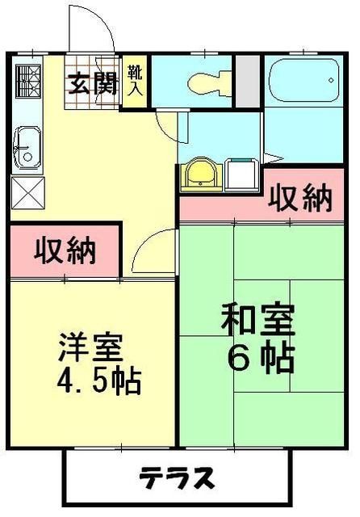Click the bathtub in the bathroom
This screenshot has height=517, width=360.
300,81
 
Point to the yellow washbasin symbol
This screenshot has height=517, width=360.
199,173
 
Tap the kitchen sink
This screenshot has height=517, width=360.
26,149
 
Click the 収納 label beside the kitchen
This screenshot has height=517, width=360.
65,250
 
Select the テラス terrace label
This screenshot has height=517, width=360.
176,479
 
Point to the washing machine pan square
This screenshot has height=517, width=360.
241,173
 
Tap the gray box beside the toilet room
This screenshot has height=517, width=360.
248,82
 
